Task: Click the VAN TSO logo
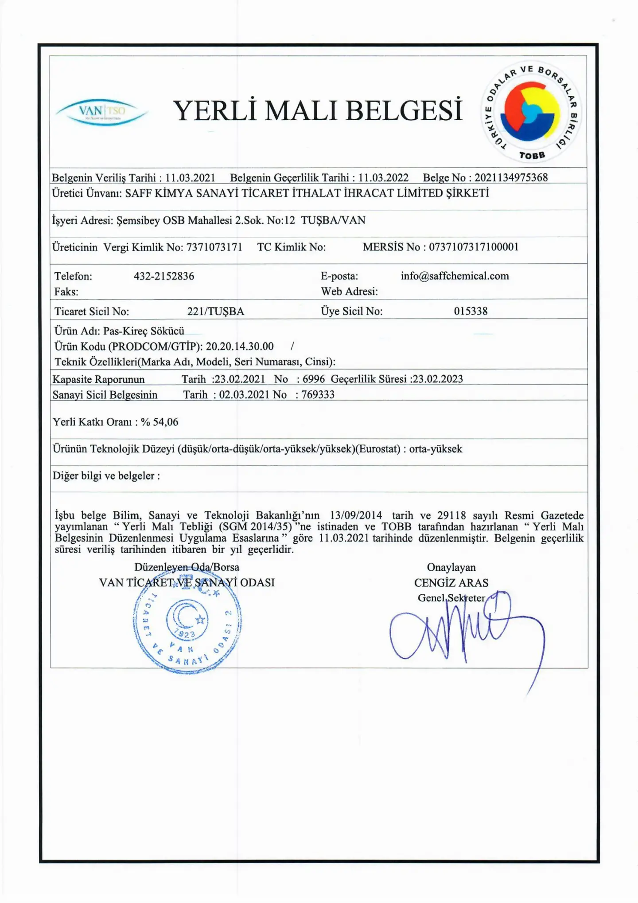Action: point(102,111)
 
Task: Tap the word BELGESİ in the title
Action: point(404,110)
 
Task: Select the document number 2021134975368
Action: point(511,178)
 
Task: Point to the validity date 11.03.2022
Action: point(383,178)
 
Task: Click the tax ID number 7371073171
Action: point(214,247)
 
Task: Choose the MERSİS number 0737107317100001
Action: point(474,247)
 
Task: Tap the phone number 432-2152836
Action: point(164,276)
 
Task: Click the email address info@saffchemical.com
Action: point(455,276)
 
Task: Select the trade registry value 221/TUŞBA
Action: point(215,311)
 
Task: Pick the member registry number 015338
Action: point(471,311)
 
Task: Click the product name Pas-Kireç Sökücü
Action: point(144,331)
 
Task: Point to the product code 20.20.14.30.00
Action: point(240,346)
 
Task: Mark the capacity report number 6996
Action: point(314,379)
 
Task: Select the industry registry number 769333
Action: point(318,395)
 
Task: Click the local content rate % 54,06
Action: point(159,422)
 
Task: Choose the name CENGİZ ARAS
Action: point(451,583)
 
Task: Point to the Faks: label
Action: point(66,292)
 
